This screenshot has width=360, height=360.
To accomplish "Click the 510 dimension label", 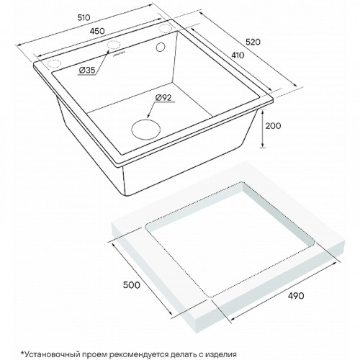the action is pyautogui.click(x=84, y=17).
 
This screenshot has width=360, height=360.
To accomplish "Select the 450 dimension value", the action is pyautogui.click(x=98, y=31).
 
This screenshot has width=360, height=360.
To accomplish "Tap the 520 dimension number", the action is pyautogui.click(x=253, y=42).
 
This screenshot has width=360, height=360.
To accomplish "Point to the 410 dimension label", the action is pyautogui.click(x=238, y=55).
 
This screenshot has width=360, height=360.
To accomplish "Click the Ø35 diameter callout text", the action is pyautogui.click(x=87, y=70).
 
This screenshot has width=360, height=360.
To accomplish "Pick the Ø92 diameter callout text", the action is pyautogui.click(x=163, y=97).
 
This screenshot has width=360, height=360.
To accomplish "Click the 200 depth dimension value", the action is pyautogui.click(x=273, y=126).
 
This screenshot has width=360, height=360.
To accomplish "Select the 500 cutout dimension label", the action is pyautogui.click(x=131, y=285).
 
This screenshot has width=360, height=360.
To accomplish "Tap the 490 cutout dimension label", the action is pyautogui.click(x=296, y=296).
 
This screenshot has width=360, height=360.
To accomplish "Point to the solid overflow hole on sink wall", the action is pyautogui.click(x=160, y=47).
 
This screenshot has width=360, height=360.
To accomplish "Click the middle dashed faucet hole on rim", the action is pyautogui.click(x=114, y=45).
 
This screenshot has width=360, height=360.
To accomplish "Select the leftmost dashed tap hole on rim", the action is pyautogui.click(x=54, y=63).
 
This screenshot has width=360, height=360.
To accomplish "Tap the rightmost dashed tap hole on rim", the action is pyautogui.click(x=165, y=28).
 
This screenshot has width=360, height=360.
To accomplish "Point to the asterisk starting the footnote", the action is pyautogui.click(x=23, y=353).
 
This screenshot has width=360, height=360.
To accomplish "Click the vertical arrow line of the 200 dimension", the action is pyautogui.click(x=263, y=128).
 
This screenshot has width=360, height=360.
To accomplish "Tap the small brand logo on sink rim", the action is pyautogui.click(x=120, y=54).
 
